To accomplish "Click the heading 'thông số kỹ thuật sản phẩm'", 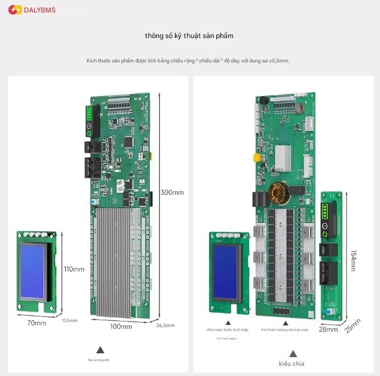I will point(189,36).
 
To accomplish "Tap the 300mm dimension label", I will point(172,192).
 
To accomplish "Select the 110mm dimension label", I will point(74,269).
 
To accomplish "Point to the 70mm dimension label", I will point(36,323).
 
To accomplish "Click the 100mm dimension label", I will point(120,326).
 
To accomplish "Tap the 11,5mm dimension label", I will point(69,320).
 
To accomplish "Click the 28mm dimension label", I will point(328,329).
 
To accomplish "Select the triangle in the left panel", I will point(100,350).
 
